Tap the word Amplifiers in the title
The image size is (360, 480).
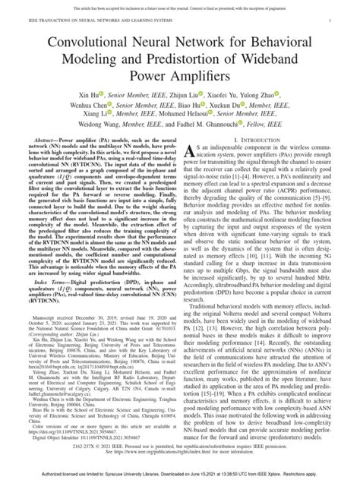(x=201, y=77)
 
